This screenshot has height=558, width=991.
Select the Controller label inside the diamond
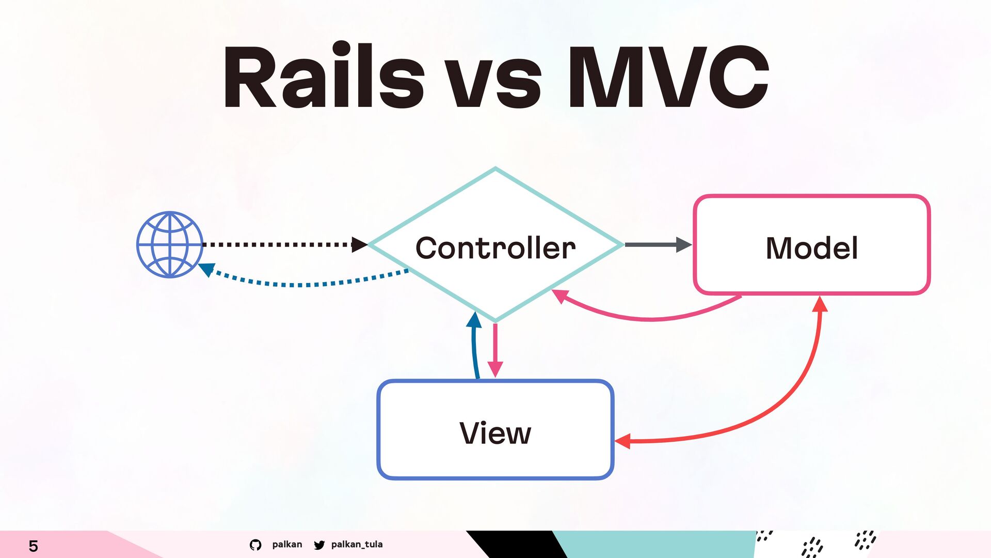pyautogui.click(x=495, y=247)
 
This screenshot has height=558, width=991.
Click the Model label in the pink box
pyautogui.click(x=811, y=247)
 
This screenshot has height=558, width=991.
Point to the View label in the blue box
pyautogui.click(x=495, y=433)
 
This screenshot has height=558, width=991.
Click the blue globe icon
pyautogui.click(x=170, y=244)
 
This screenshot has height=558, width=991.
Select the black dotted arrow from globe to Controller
pyautogui.click(x=279, y=244)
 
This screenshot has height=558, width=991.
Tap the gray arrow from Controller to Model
pyautogui.click(x=656, y=244)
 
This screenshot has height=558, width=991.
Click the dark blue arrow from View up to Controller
pyautogui.click(x=474, y=346)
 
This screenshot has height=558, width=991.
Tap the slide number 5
pyautogui.click(x=33, y=546)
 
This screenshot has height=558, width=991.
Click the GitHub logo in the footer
pyautogui.click(x=255, y=545)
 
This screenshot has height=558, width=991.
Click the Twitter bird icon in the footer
pyautogui.click(x=319, y=545)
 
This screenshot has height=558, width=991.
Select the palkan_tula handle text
pyautogui.click(x=357, y=544)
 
